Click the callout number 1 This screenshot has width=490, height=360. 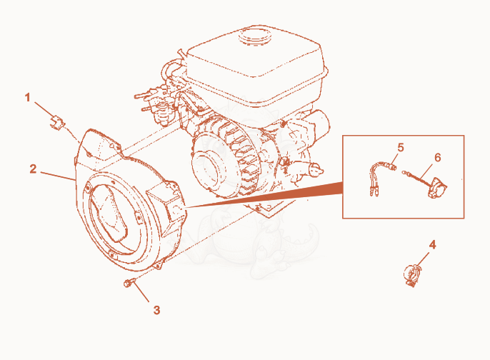[x=27, y=97]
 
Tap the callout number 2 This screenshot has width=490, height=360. [x=33, y=169]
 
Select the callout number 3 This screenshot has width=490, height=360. [x=156, y=310]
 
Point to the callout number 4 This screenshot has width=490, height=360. [x=432, y=245]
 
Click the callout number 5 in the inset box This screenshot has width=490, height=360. [x=401, y=147]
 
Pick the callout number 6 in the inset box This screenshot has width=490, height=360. [x=437, y=157]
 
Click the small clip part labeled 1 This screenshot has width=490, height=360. [x=56, y=122]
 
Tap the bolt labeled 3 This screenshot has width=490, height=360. [x=129, y=283]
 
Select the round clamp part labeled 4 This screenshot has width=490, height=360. [x=412, y=275]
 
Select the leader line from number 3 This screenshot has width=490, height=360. [x=141, y=291]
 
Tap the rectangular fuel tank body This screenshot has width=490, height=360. [x=256, y=63]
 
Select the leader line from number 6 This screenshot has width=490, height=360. [x=426, y=173]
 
